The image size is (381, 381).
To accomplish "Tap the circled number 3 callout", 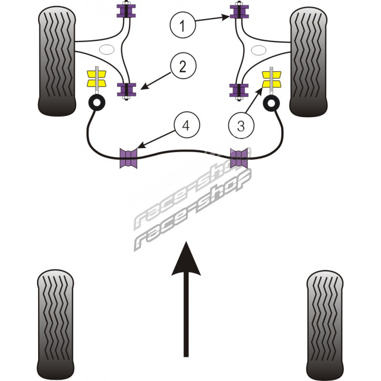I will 240,127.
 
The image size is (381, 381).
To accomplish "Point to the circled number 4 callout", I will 187,126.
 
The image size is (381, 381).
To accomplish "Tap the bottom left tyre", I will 56,324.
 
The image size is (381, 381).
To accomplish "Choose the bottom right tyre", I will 325,324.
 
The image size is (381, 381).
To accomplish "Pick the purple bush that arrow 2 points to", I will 127,89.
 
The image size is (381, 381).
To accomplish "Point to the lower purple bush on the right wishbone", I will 240,90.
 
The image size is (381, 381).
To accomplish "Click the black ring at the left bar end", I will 97,102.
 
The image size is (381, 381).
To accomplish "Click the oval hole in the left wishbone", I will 106,48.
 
